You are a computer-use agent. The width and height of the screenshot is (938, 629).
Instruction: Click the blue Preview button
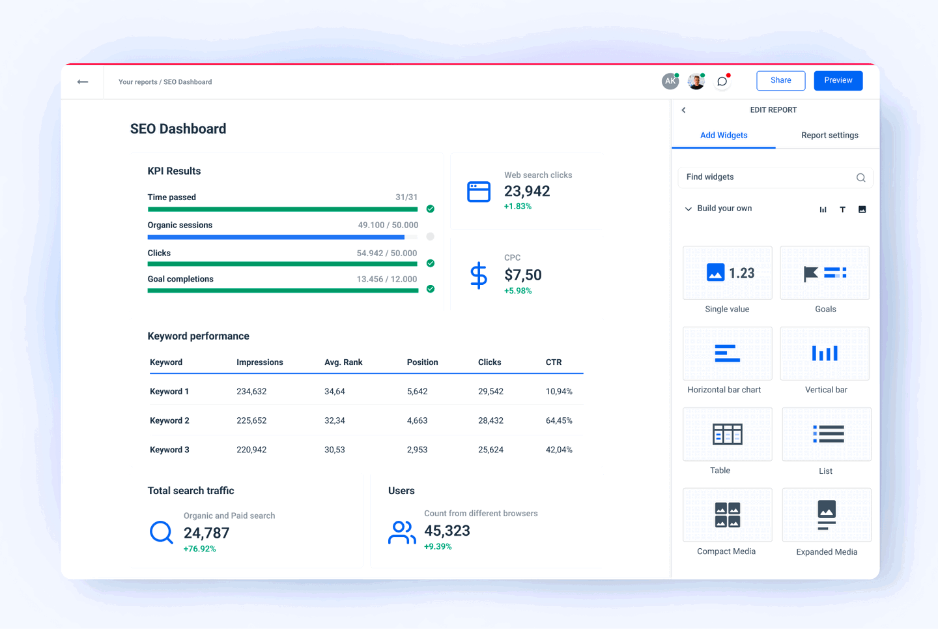tap(838, 80)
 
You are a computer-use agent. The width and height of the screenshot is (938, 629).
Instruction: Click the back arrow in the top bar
tap(83, 82)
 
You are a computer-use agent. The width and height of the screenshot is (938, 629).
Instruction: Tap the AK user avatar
tap(670, 81)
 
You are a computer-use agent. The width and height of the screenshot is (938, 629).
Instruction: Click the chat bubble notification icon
tap(722, 81)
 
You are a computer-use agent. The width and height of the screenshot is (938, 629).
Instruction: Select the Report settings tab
tap(829, 136)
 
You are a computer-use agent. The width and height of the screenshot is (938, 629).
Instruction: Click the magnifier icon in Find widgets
tap(860, 178)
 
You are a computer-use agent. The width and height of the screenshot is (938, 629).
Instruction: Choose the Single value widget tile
tap(727, 273)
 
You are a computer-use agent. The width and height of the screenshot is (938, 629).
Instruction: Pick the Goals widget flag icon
tap(811, 274)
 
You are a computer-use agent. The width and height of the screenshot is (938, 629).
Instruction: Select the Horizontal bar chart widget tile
tap(727, 354)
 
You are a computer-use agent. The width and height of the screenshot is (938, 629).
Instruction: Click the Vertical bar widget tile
tap(825, 354)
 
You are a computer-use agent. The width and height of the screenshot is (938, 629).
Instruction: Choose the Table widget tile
tap(727, 434)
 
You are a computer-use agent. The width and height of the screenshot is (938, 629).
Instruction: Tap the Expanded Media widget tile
tap(826, 515)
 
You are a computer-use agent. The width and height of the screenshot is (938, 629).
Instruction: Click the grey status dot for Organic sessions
tap(430, 237)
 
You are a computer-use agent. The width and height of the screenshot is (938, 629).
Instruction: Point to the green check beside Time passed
tap(430, 209)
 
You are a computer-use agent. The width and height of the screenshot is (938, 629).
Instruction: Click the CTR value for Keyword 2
tap(559, 421)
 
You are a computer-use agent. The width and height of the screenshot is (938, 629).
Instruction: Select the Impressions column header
tap(259, 362)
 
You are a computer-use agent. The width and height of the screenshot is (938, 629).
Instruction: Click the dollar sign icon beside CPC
tap(479, 275)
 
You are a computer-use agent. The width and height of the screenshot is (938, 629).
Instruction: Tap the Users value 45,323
tap(447, 531)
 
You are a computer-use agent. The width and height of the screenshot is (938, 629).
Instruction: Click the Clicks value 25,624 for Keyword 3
tap(490, 450)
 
